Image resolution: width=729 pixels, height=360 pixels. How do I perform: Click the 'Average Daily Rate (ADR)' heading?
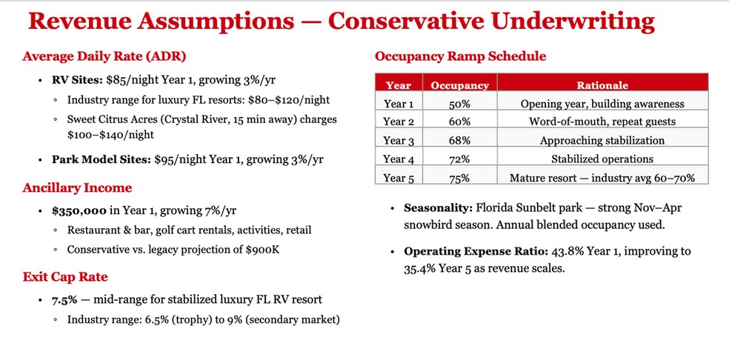point(104,57)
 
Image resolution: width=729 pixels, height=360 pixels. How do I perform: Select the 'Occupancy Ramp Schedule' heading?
point(460,57)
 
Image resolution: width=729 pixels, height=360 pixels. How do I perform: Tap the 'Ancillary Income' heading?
point(77,188)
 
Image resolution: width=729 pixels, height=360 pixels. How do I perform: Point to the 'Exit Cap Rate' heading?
point(65,277)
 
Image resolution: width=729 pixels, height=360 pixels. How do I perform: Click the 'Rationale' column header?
point(602,86)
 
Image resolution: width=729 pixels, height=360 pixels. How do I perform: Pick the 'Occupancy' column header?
point(460,86)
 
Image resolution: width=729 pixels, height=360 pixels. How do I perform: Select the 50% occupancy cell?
point(460,104)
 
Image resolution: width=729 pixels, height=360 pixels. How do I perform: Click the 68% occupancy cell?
point(460,140)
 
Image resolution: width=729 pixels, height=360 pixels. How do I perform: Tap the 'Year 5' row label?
point(399,178)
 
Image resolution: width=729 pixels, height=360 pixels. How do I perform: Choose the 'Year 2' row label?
point(399,122)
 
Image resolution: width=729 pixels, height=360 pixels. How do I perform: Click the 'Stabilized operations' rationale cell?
point(602,159)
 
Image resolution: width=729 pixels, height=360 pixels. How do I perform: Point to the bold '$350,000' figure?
point(79,210)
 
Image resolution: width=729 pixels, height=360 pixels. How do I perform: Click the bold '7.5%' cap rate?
point(64,300)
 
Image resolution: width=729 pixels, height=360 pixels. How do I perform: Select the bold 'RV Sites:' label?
point(77,80)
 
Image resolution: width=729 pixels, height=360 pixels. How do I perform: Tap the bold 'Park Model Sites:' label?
point(101,159)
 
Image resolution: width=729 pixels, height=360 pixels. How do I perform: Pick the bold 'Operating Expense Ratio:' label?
point(476,252)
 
